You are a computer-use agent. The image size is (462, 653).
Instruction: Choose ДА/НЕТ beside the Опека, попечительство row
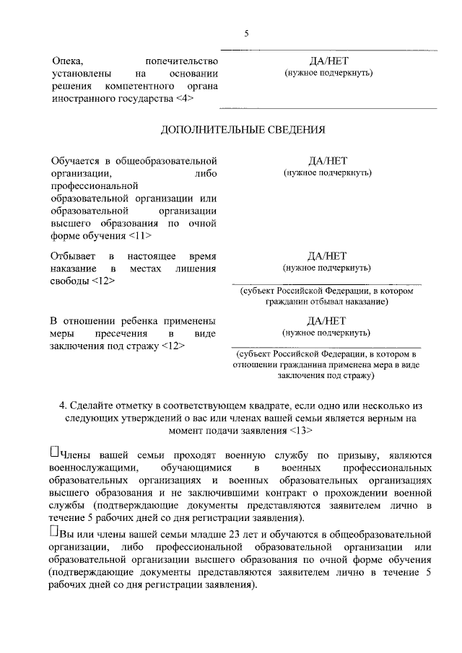[327, 61]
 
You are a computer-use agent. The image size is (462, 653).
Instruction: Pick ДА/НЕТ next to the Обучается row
[327, 160]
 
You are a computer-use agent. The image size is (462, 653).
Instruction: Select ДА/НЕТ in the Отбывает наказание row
[327, 255]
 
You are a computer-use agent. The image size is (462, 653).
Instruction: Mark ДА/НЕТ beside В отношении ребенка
[327, 320]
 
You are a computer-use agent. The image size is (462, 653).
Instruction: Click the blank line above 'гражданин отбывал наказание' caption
[326, 281]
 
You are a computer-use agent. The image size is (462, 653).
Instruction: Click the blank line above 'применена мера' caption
[326, 346]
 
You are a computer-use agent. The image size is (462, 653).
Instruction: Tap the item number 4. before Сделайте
[64, 404]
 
